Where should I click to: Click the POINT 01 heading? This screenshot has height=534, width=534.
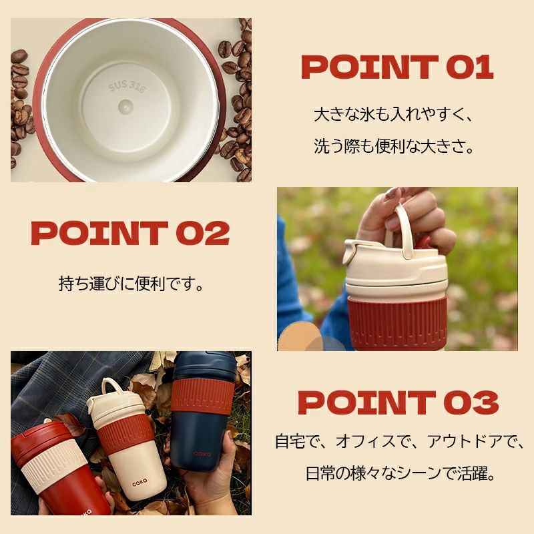point(397,67)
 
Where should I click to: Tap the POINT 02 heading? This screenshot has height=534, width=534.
point(130,233)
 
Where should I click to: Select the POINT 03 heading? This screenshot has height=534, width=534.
point(398,403)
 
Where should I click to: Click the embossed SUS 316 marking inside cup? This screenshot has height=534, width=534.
point(127,87)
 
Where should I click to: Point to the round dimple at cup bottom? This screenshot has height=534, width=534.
point(125,107)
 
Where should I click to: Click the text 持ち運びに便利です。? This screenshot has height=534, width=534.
point(131,283)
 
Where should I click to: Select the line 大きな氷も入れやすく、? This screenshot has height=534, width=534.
point(393,114)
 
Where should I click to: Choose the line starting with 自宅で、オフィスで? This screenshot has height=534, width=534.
point(398,441)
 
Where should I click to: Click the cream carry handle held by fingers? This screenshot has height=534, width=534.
point(402,229)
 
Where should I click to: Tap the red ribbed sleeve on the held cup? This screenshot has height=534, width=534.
point(396,321)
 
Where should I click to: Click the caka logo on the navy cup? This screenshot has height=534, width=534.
point(202,454)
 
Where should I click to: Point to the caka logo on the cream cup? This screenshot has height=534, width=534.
point(140,481)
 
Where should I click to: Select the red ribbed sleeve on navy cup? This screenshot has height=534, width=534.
point(203,395)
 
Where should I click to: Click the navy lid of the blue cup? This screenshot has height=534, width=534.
point(204,365)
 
